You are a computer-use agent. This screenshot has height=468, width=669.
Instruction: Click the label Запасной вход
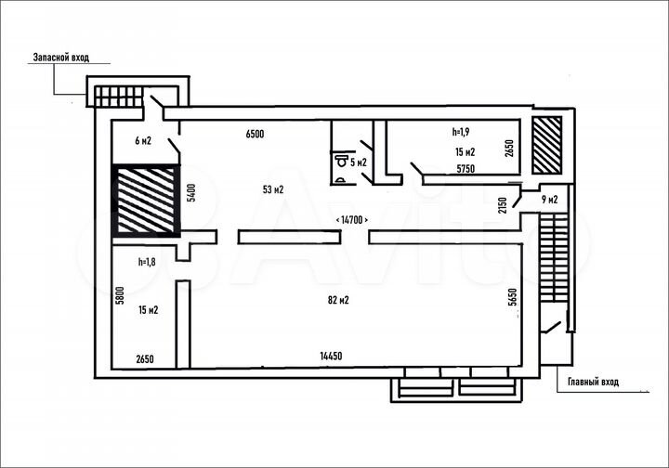pos(61,58)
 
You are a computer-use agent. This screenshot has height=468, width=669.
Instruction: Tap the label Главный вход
pos(593,382)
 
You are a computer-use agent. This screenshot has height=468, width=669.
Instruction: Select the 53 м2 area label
pos(273,189)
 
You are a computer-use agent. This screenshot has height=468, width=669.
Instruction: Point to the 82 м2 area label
pos(338,300)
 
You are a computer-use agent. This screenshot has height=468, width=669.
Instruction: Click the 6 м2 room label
pos(143,140)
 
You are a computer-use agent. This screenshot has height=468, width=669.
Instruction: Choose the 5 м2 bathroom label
pos(359,162)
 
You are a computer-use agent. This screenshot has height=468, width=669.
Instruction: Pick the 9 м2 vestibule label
pos(549,199)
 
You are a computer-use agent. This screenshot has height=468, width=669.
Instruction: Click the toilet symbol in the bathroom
pos(341,161)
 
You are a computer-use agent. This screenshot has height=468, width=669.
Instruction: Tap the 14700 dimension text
pos(352,220)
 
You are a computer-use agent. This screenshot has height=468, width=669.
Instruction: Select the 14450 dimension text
pos(331,356)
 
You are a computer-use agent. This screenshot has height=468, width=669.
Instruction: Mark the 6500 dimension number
pos(255,134)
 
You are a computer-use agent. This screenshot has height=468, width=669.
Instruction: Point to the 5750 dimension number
pos(466,169)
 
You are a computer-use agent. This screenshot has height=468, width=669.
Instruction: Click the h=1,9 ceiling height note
pos(461,132)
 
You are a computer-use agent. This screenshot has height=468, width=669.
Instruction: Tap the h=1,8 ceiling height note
pos(147,262)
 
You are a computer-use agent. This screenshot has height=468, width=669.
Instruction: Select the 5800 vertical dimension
pos(120,295)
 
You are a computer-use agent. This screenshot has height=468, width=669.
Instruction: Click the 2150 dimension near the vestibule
pos(503,205)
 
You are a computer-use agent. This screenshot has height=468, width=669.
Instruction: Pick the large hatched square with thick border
pos(146,201)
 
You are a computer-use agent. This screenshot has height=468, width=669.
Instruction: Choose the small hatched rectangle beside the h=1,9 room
pos(547,146)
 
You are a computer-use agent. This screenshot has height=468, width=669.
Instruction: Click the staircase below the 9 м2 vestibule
pos(554,257)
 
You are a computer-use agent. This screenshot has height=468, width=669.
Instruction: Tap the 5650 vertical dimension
pos(513,297)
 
